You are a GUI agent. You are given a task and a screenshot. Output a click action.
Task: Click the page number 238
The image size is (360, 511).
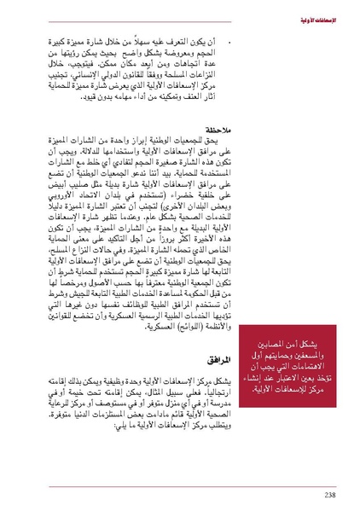click(x=329, y=493)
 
